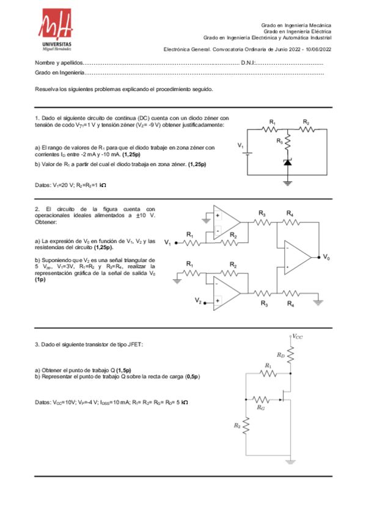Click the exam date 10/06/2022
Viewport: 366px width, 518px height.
(x=318, y=49)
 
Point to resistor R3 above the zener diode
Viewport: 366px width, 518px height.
(x=287, y=144)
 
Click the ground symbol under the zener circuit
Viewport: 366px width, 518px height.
(x=287, y=181)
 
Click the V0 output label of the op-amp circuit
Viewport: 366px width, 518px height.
(x=327, y=257)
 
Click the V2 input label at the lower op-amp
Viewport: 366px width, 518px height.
(x=197, y=301)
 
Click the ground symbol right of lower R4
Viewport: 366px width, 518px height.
(x=320, y=299)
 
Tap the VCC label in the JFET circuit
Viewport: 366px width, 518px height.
(x=297, y=336)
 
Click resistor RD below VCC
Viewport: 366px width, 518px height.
(x=290, y=355)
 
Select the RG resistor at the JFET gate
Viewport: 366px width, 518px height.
(x=261, y=399)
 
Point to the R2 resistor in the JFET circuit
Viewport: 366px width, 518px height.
(x=247, y=425)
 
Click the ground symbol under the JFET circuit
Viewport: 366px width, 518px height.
(x=290, y=462)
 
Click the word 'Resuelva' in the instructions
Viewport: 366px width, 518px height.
(x=46, y=89)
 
